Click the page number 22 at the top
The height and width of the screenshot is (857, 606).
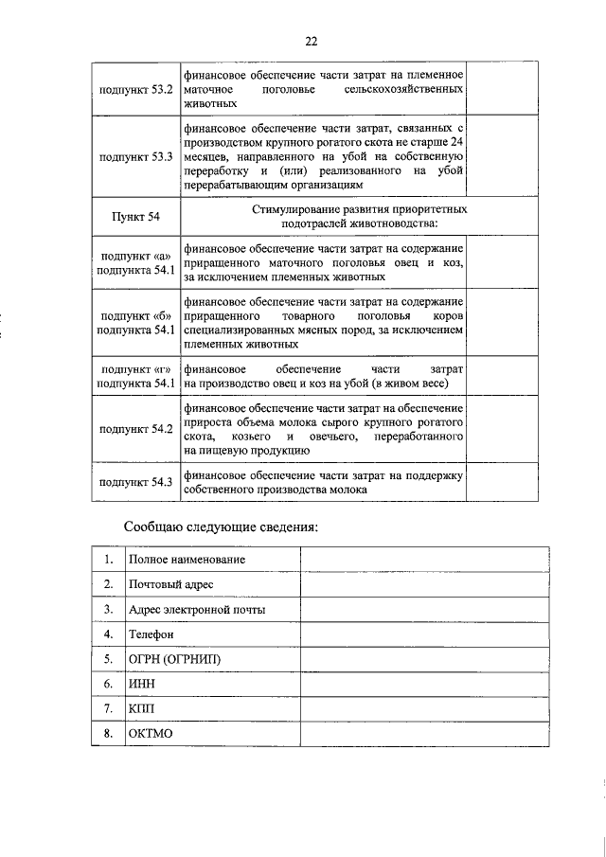[x=312, y=41]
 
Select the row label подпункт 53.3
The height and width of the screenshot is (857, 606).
[x=135, y=156]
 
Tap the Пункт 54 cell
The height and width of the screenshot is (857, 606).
[x=135, y=216]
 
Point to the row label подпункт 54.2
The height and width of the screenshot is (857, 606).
[x=135, y=429]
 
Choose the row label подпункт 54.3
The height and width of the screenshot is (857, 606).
[x=135, y=482]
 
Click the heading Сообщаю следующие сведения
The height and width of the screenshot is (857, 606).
[x=221, y=527]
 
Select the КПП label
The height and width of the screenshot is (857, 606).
[x=142, y=708]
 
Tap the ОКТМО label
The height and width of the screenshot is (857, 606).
[x=151, y=734]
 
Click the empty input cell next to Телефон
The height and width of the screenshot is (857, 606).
[x=423, y=634]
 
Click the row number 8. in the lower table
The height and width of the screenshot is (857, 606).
[x=109, y=734]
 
